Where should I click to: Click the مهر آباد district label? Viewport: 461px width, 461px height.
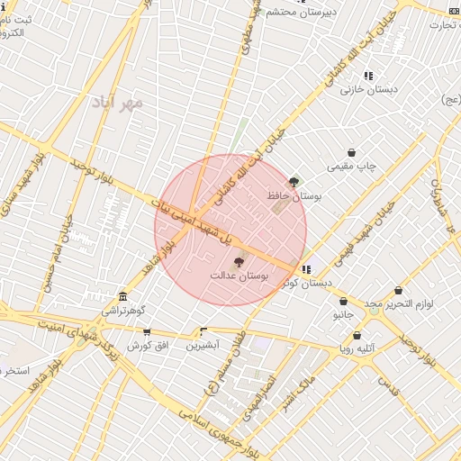(x=117, y=103)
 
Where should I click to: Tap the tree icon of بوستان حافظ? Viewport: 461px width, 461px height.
(x=295, y=183)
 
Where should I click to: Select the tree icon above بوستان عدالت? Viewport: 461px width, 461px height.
(x=238, y=262)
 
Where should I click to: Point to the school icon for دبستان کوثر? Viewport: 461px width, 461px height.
(x=307, y=268)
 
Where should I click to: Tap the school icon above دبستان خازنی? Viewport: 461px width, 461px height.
(x=368, y=76)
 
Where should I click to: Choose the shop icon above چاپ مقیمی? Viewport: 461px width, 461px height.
(x=351, y=153)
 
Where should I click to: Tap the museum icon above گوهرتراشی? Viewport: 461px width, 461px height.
(x=122, y=297)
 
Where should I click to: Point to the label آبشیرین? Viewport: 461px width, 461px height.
(x=202, y=345)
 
